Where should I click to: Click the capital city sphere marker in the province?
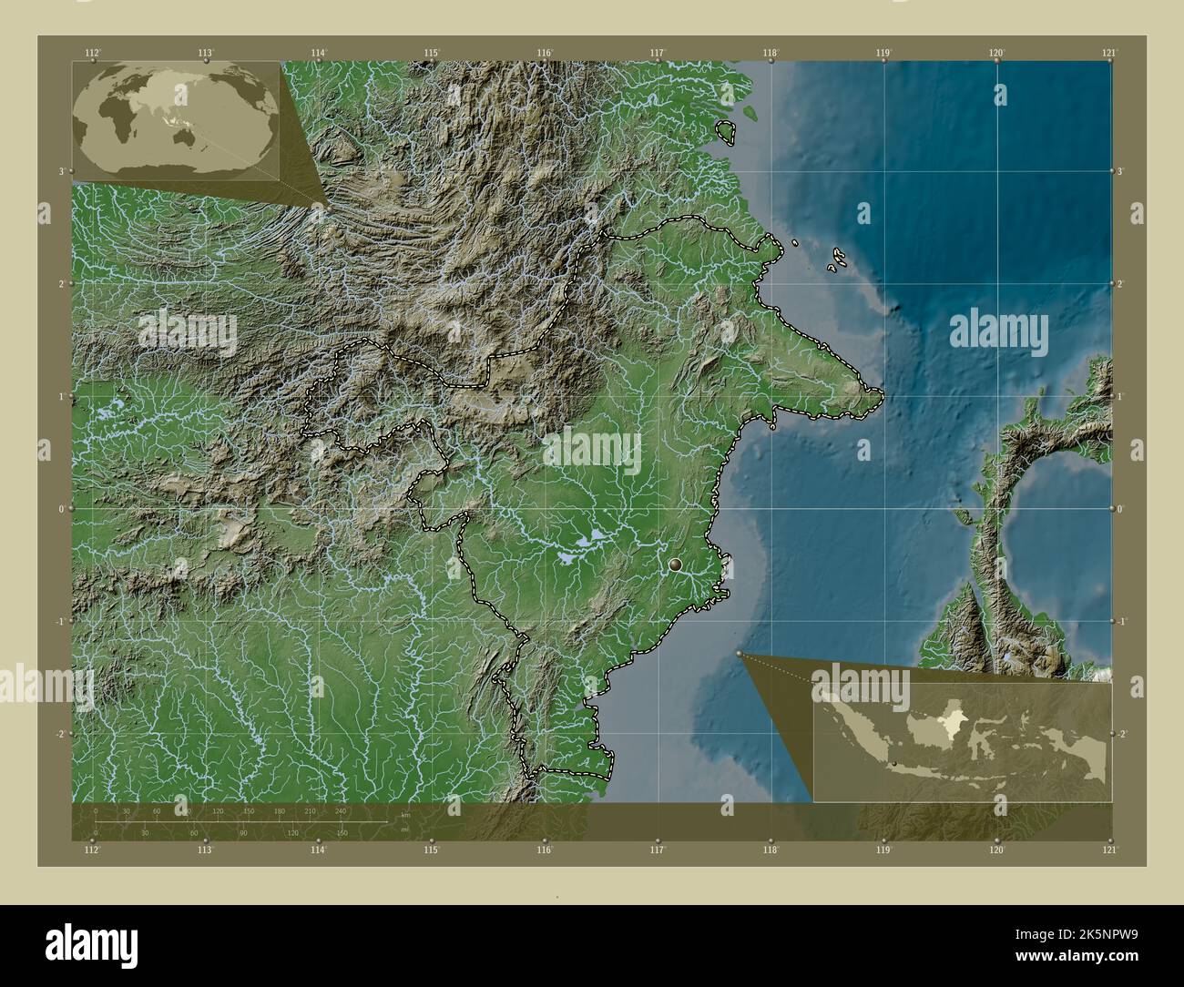point(675,565)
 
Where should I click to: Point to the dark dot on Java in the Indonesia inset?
point(894,763)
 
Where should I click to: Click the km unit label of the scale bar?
point(405,814)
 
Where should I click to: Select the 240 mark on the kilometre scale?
point(341,810)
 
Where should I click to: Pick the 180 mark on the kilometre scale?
point(280,810)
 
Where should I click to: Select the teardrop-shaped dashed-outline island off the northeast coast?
point(727,132)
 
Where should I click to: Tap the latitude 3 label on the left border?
point(61,171)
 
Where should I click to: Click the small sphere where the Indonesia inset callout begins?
point(740,654)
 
